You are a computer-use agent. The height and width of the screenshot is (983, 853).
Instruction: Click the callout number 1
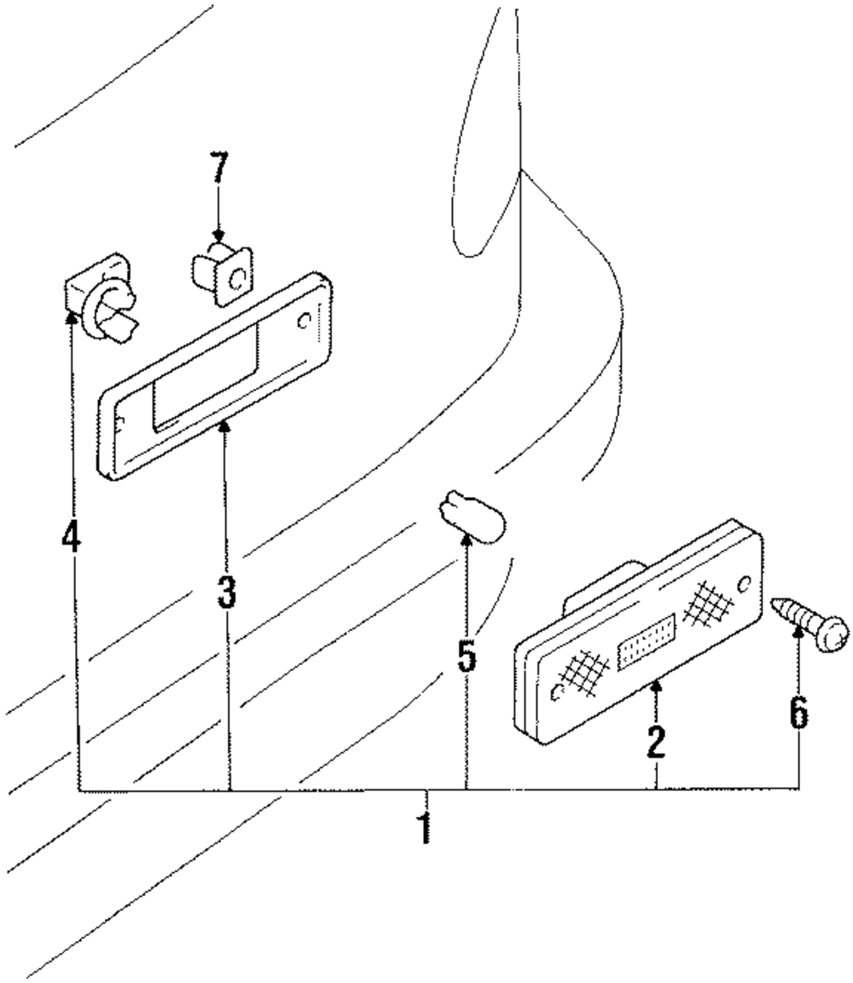click(426, 828)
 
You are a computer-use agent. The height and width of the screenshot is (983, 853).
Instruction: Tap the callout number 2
click(656, 742)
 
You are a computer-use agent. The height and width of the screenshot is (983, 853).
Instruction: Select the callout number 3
click(226, 592)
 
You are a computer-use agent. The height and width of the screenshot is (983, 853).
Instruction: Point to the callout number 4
click(72, 536)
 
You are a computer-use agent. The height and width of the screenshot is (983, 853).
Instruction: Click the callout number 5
click(467, 656)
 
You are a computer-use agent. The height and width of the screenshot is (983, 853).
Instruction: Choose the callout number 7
click(218, 167)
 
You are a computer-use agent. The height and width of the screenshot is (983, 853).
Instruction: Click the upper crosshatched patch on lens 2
click(708, 604)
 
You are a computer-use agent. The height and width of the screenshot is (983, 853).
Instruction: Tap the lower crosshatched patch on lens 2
click(584, 674)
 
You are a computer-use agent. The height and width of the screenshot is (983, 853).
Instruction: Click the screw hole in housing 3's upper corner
click(305, 321)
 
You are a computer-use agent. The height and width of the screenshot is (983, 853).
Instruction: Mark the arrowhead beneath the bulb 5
click(467, 540)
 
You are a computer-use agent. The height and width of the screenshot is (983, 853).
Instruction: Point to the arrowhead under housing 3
click(224, 426)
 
